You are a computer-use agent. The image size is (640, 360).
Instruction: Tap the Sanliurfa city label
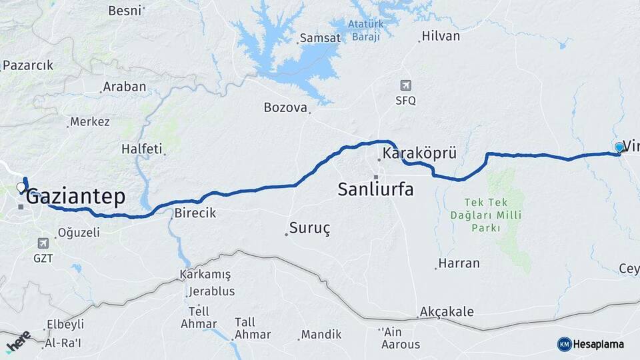(x=375, y=189)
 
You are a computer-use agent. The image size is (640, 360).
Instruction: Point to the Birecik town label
(x=194, y=213)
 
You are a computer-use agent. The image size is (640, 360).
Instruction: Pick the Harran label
(x=459, y=263)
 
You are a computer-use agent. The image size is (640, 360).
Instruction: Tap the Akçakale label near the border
(x=446, y=312)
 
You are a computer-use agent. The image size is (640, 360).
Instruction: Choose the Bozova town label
(x=285, y=107)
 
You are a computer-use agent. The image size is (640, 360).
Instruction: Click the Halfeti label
(x=141, y=149)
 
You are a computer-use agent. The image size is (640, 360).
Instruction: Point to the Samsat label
(x=320, y=38)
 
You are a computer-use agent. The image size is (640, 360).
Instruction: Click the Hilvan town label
(x=441, y=36)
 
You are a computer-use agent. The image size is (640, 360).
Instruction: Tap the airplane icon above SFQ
(x=405, y=85)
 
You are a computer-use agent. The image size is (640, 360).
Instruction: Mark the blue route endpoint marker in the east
(x=619, y=147)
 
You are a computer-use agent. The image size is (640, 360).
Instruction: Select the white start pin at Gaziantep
(x=21, y=187)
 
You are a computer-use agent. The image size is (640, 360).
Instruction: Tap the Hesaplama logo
(x=591, y=344)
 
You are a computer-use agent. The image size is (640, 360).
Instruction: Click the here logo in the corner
(x=18, y=341)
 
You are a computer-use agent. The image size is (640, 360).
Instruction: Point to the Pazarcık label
(x=28, y=65)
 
